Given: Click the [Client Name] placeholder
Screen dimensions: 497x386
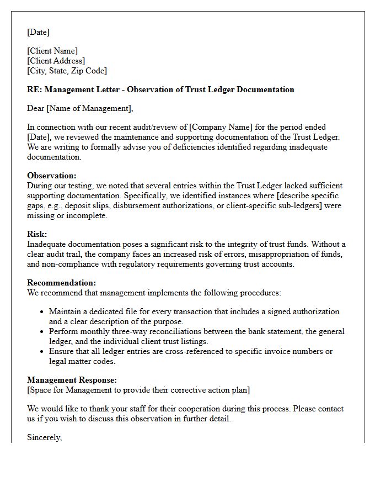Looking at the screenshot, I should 52,51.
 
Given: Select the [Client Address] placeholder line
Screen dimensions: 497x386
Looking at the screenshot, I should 56,61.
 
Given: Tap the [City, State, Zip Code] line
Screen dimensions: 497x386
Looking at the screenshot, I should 67,71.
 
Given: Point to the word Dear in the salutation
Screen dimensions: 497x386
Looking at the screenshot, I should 36,108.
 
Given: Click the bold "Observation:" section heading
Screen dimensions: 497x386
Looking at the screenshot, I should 52,176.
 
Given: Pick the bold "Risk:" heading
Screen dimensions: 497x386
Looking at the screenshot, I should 37,234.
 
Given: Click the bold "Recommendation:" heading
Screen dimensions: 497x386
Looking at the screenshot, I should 61,283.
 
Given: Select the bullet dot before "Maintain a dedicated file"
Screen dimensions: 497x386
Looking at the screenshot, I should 41,312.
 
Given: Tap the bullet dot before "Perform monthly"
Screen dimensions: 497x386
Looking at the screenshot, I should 41,332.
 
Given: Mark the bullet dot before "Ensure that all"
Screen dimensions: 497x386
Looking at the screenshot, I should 41,352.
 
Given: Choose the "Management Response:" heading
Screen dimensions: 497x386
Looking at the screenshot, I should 72,380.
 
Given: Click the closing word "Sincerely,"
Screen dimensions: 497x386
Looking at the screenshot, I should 45,437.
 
